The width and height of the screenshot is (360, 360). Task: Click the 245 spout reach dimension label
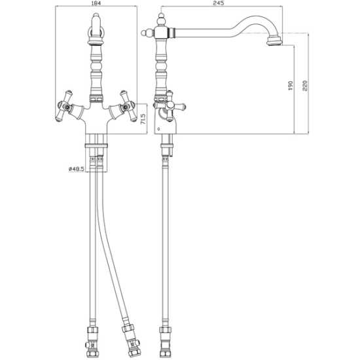point(218,3)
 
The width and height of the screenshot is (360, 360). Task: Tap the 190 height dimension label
point(291,85)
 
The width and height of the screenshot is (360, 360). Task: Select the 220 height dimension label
point(304,85)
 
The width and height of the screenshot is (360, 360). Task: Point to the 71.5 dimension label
point(143,119)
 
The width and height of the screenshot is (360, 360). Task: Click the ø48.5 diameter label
point(76,170)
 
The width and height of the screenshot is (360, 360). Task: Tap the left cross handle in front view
point(64,106)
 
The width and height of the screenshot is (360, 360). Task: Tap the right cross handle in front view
point(128,106)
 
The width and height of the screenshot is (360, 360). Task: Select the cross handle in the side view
point(170,106)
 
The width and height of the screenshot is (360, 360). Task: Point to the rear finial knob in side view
point(145,33)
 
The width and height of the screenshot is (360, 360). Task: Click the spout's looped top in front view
point(96,30)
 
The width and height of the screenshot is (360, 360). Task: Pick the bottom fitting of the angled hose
point(131,340)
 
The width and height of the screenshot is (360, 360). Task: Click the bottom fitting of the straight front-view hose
point(92,342)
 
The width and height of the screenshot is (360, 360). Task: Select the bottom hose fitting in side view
point(165,342)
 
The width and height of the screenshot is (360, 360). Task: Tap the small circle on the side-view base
point(158,129)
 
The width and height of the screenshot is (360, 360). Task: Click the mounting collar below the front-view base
point(96,145)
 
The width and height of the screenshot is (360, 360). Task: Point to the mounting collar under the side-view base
point(167,145)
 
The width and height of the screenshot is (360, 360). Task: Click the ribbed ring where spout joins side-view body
point(172,32)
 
